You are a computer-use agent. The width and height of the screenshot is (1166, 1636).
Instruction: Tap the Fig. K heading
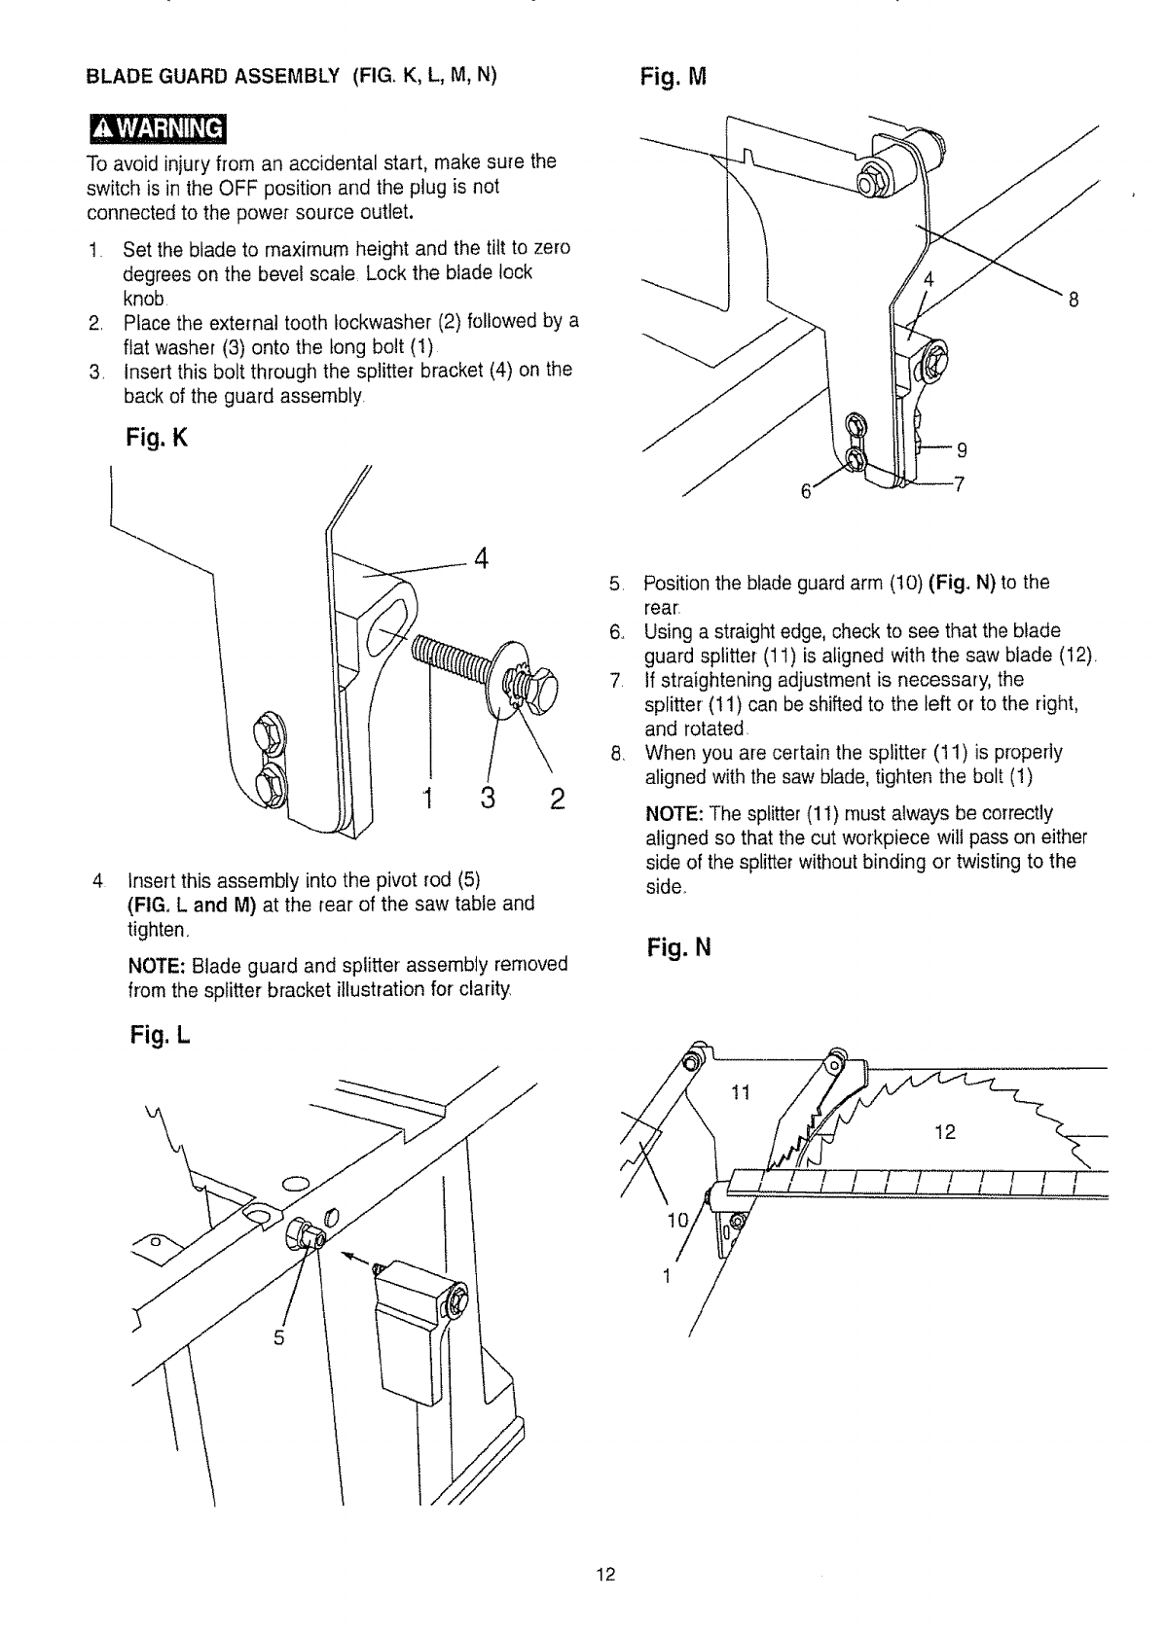tap(153, 439)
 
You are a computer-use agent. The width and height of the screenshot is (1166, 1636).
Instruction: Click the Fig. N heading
tap(679, 946)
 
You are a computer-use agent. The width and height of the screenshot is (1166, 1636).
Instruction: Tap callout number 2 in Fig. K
tap(558, 800)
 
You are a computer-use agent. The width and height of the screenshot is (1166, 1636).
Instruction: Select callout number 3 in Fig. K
tap(489, 800)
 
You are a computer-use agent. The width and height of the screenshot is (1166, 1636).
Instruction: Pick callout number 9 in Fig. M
tap(961, 449)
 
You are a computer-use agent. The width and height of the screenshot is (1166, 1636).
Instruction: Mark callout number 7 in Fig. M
tap(958, 486)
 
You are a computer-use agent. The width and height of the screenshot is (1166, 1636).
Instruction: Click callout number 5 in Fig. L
tap(278, 1337)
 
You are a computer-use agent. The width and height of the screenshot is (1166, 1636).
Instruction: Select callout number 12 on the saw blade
tap(944, 1131)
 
